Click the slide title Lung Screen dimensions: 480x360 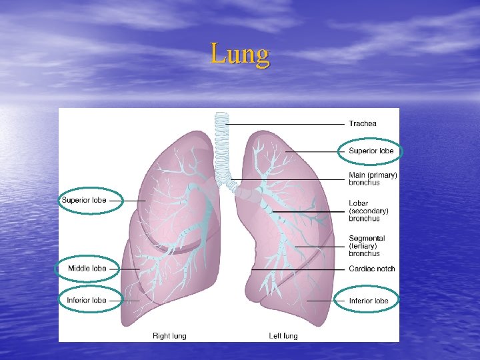(240, 54)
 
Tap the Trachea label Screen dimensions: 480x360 (363, 123)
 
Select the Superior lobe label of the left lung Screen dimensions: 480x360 (371, 151)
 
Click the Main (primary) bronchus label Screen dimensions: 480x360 (373, 179)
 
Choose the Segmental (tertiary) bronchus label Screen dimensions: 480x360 (366, 245)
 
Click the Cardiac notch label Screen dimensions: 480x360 (371, 269)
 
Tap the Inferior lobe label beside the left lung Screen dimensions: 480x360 (369, 301)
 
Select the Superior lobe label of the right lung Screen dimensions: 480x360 (84, 200)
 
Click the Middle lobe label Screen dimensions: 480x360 (87, 269)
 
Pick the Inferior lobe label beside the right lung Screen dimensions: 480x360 (86, 300)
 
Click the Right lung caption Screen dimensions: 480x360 (169, 335)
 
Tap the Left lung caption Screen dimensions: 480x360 (283, 335)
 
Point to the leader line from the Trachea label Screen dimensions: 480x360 (287, 124)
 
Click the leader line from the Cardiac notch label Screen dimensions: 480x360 (300, 269)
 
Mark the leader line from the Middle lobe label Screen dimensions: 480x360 (124, 269)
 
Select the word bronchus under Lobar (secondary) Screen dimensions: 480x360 (364, 218)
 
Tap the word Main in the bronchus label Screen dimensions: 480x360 (357, 175)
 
